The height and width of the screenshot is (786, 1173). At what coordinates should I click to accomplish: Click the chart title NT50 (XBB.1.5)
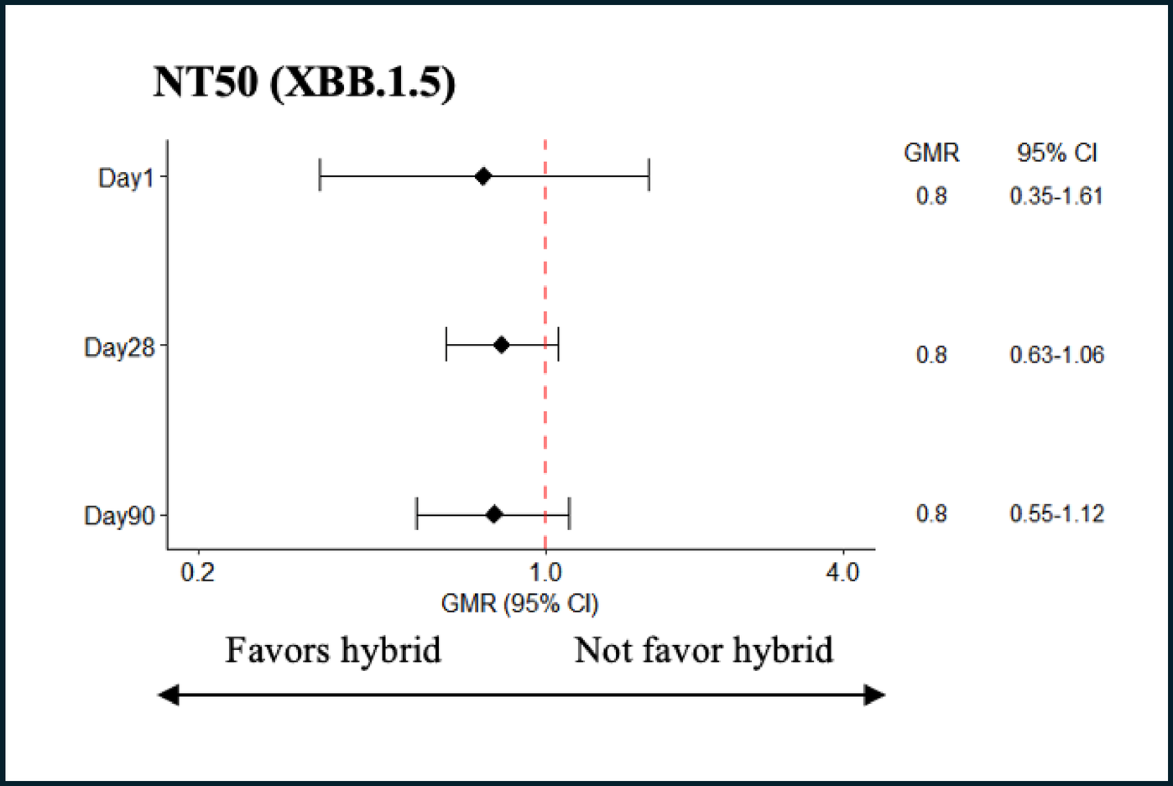[304, 83]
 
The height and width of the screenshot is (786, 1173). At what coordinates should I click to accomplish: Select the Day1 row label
[126, 178]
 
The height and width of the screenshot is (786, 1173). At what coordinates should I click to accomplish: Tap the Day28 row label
[119, 346]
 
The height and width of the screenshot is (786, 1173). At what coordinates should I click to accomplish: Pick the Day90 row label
[119, 515]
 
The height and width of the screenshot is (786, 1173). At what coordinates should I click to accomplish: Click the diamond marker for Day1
[482, 176]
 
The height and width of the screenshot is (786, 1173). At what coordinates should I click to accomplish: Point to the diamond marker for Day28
[501, 345]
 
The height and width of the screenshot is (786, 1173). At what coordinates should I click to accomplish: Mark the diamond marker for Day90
[494, 514]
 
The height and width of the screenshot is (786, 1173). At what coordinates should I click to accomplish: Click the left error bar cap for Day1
[320, 176]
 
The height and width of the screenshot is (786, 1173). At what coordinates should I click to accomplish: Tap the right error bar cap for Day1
[649, 176]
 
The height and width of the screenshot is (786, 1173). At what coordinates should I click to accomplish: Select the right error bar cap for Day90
[569, 514]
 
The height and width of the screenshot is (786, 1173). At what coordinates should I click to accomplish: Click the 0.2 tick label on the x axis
[198, 573]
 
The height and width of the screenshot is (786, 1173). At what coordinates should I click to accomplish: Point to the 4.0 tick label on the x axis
[842, 573]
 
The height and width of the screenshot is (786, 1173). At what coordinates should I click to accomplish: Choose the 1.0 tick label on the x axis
[545, 573]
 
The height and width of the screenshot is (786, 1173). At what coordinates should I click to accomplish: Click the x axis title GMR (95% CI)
[519, 603]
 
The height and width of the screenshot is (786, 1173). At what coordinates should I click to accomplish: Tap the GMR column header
[931, 153]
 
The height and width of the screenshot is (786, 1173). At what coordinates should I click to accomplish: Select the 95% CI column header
[1056, 153]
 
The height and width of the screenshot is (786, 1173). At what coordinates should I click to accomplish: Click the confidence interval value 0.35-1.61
[1056, 196]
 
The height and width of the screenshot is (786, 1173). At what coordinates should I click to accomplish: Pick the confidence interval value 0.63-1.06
[1056, 355]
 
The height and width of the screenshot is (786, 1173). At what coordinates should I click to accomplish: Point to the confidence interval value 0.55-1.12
[1056, 513]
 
